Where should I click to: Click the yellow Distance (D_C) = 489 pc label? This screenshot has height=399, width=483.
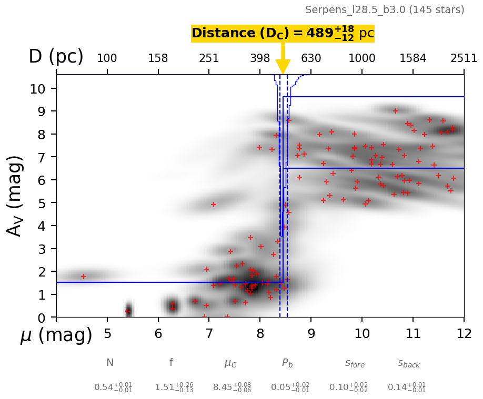[x=283, y=33]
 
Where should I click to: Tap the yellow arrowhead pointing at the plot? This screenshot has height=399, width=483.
[x=283, y=66]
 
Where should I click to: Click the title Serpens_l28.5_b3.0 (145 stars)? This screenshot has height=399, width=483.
[x=385, y=10]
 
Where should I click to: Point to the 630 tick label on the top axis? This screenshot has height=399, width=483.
[x=311, y=58]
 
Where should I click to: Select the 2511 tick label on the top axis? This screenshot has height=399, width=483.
[x=464, y=58]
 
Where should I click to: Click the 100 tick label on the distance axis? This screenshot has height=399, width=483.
[x=107, y=58]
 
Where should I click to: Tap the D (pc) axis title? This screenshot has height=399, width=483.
[x=56, y=57]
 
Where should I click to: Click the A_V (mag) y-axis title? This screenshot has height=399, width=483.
[x=15, y=196]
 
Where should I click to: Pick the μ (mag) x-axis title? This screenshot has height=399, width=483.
[x=56, y=335]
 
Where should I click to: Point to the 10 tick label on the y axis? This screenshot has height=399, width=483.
[x=38, y=88]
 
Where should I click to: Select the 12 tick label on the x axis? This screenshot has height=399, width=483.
[x=464, y=334]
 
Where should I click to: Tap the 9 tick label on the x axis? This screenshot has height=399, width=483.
[x=311, y=334]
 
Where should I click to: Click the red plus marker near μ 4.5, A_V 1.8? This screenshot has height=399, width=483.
[x=83, y=277]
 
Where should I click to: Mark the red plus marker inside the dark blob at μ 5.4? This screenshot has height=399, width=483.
[x=127, y=311]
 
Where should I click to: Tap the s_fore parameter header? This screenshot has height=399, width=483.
[x=355, y=363]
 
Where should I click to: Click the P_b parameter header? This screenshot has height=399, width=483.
[x=287, y=363]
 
